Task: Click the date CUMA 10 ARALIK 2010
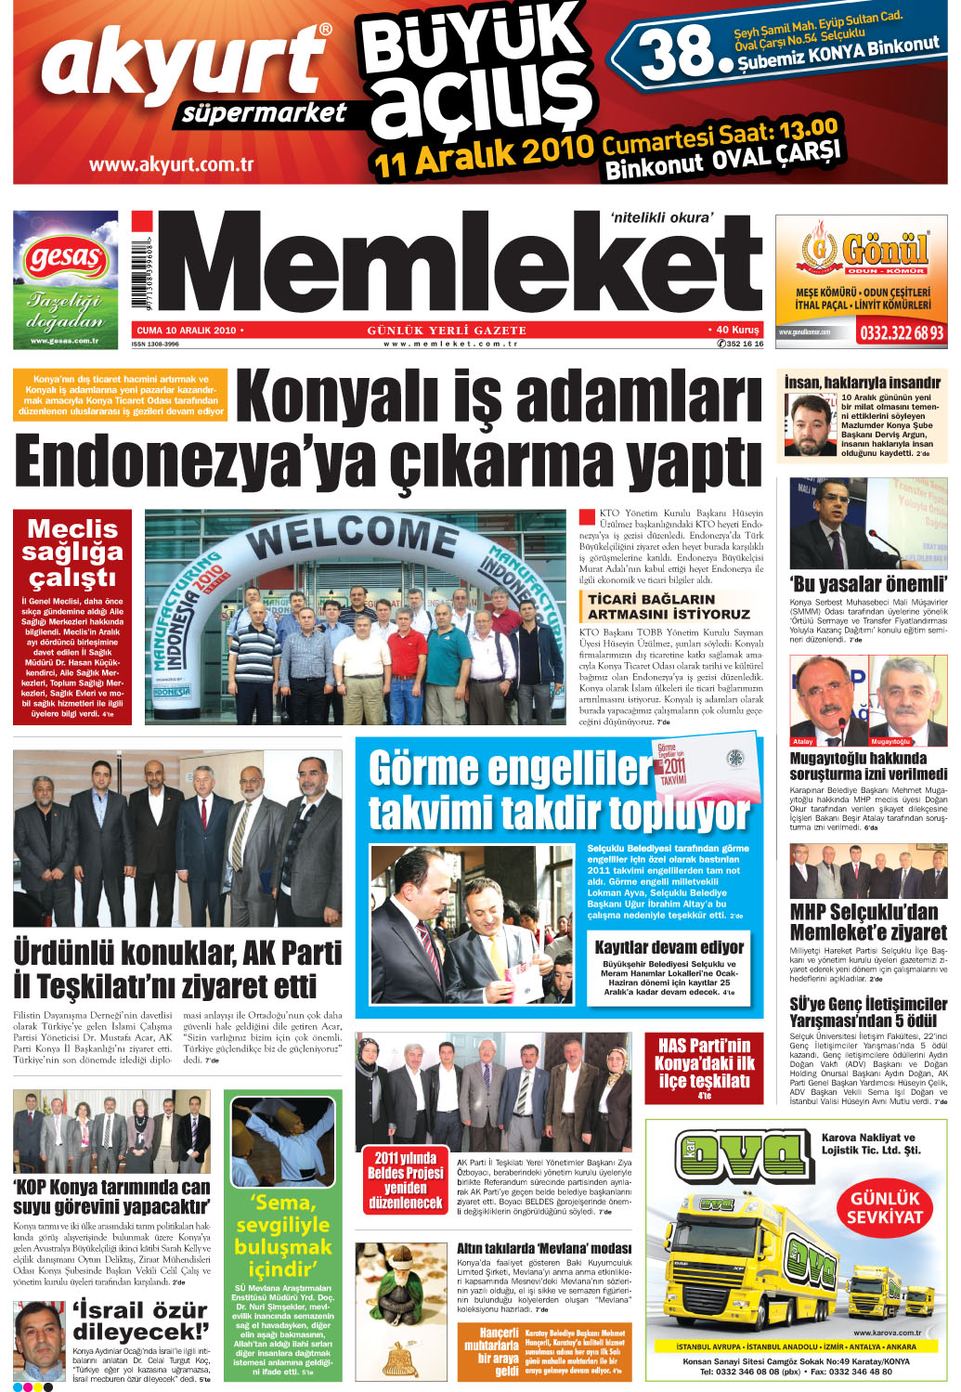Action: (x=187, y=330)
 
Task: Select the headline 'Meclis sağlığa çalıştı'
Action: (x=72, y=553)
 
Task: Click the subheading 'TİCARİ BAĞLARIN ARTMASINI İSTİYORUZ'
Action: (x=669, y=606)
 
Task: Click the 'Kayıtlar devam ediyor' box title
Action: (x=669, y=947)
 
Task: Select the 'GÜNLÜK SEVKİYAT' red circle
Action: (x=884, y=1206)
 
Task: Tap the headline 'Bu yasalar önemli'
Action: (x=868, y=584)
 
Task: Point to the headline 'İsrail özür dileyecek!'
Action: (x=140, y=1320)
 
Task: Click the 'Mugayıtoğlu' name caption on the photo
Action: (x=890, y=741)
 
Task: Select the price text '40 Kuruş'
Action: (x=737, y=330)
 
